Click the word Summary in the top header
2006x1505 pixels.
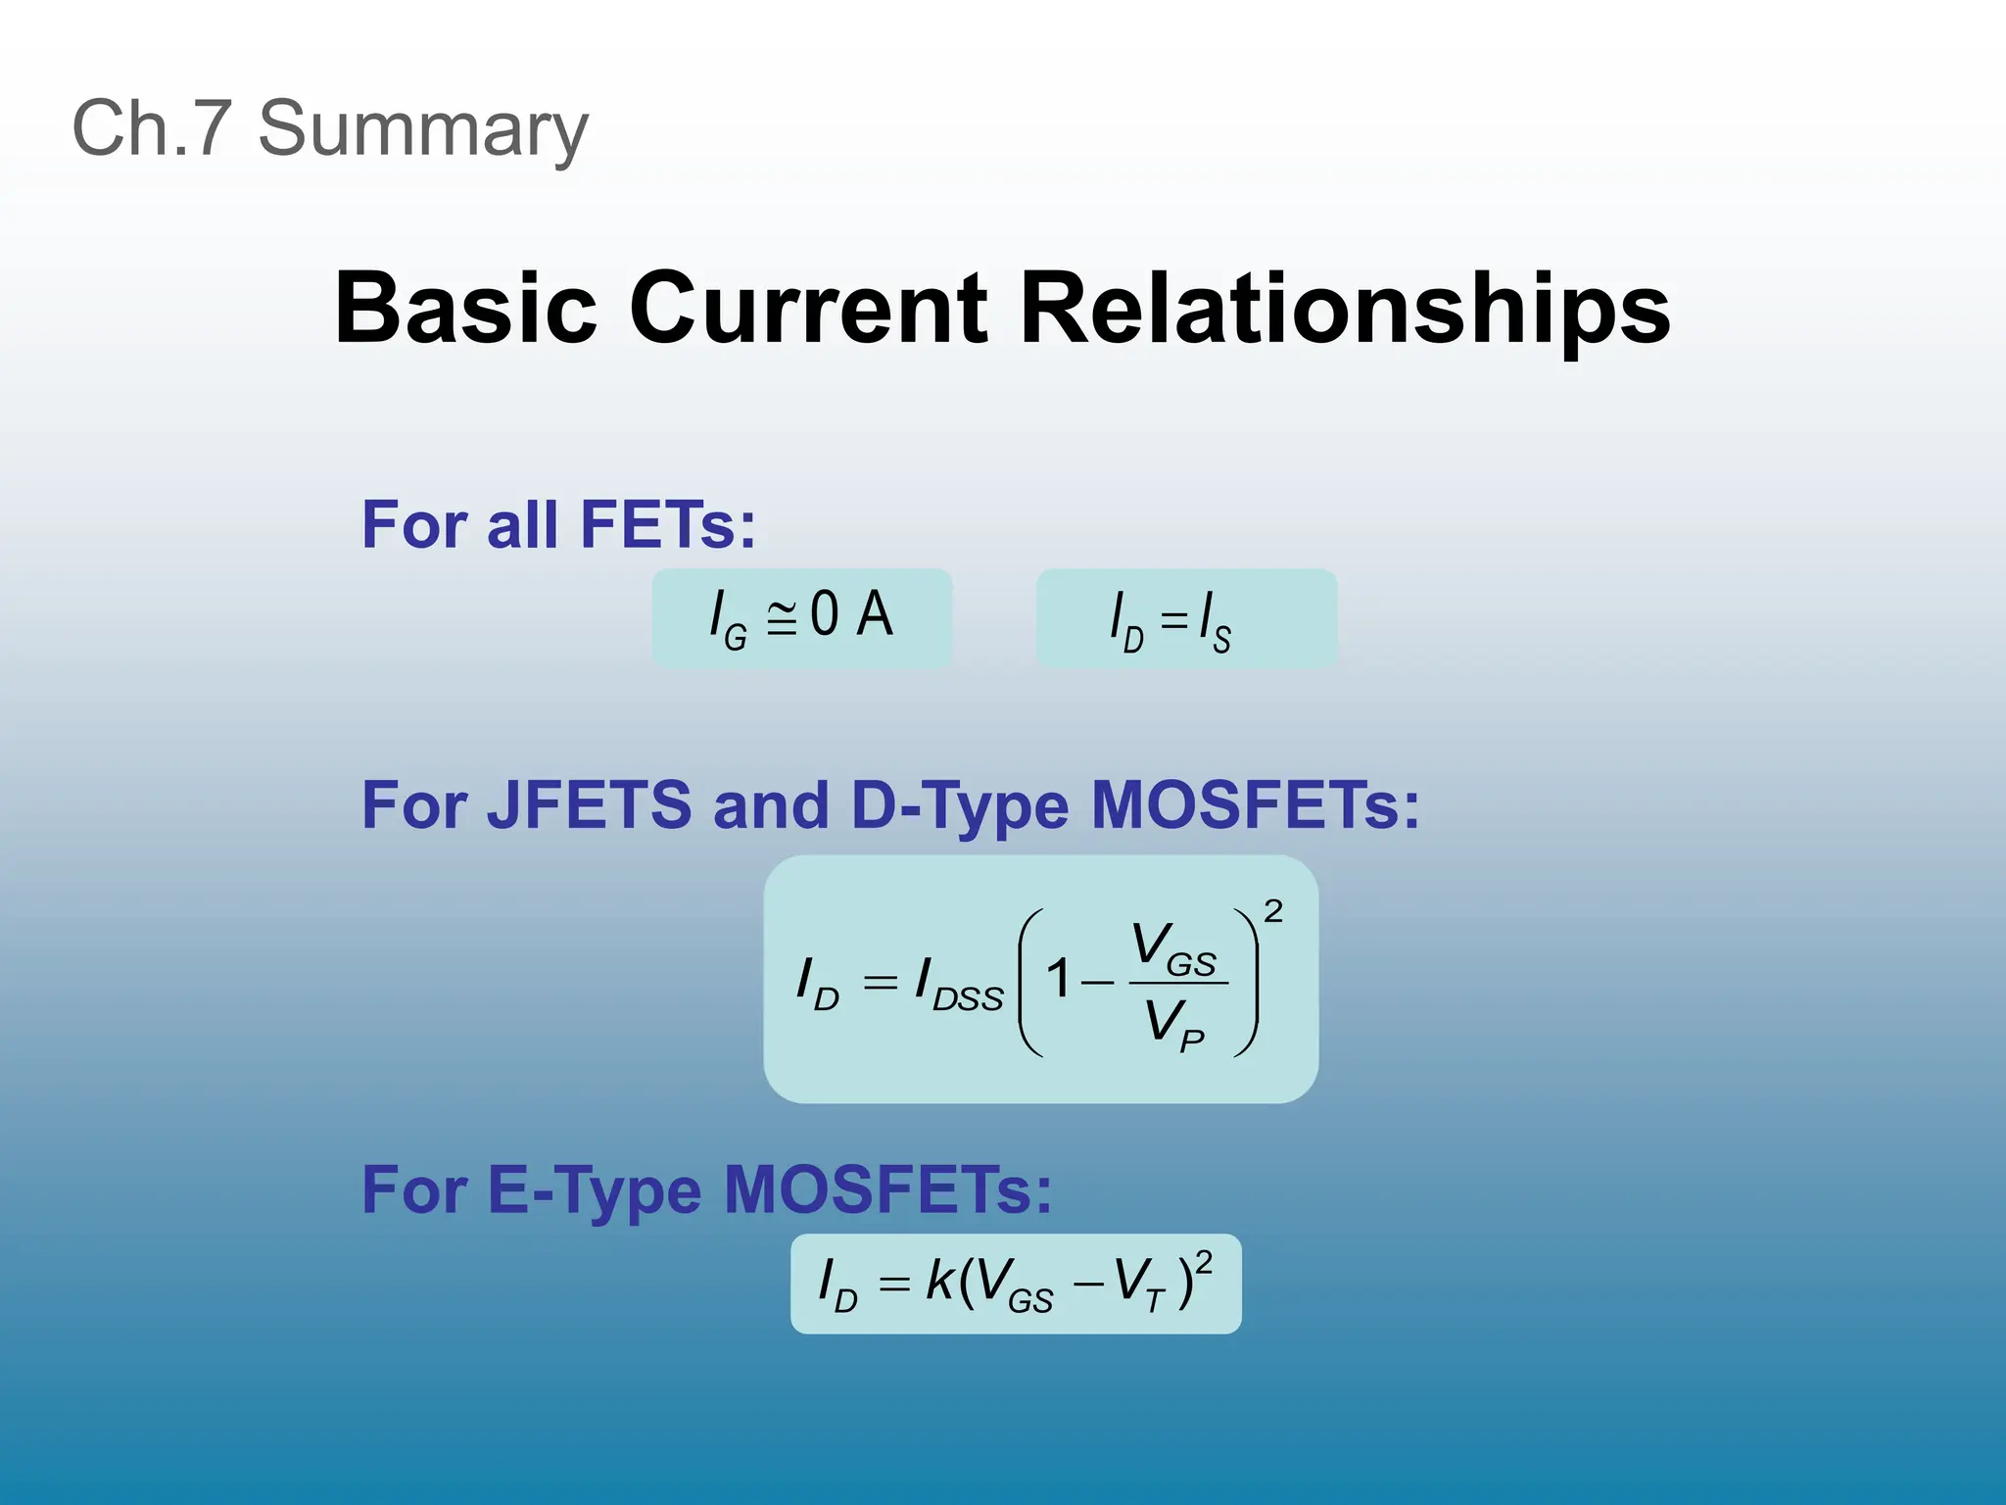[x=423, y=129]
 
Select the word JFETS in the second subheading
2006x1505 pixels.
[x=590, y=805]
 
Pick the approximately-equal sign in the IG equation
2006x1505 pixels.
[x=781, y=619]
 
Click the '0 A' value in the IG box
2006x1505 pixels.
[x=851, y=615]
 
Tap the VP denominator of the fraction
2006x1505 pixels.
[x=1173, y=1025]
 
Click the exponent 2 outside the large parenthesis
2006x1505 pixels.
[x=1272, y=912]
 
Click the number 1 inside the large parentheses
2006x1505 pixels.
[x=1058, y=979]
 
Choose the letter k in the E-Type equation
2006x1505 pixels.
[x=939, y=1281]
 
